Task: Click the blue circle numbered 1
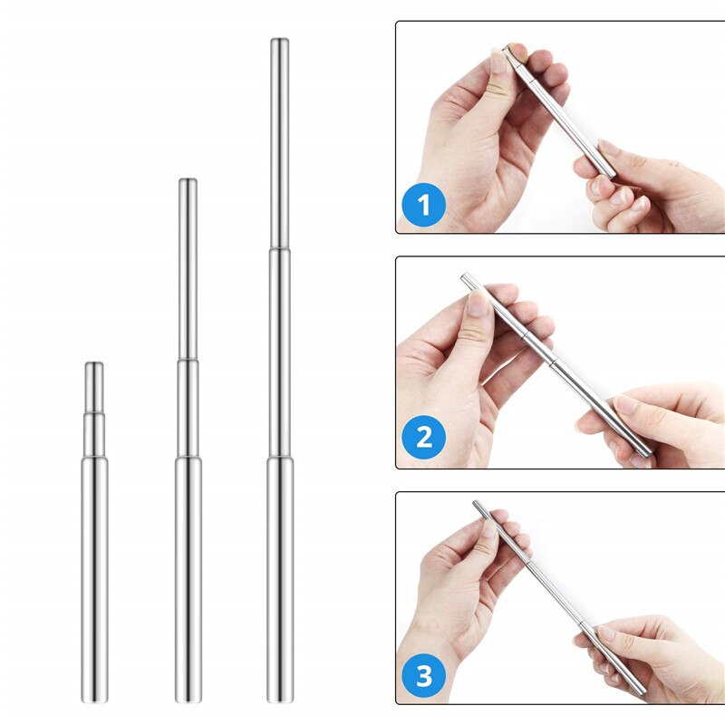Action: pyautogui.click(x=424, y=205)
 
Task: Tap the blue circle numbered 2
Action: pyautogui.click(x=424, y=437)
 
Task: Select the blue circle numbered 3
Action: pyautogui.click(x=424, y=675)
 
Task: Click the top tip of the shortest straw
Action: pyautogui.click(x=94, y=363)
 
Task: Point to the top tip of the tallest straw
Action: pyautogui.click(x=280, y=39)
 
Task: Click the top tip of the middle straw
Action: pyautogui.click(x=188, y=179)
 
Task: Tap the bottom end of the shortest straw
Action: pyautogui.click(x=94, y=701)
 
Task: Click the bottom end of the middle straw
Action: pyautogui.click(x=188, y=701)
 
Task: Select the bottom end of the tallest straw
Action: pyautogui.click(x=280, y=701)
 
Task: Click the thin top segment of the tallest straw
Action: pyautogui.click(x=280, y=143)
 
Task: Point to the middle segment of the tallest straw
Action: pyautogui.click(x=280, y=353)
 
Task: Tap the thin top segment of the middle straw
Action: pyautogui.click(x=188, y=269)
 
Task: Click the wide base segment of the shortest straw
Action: pyautogui.click(x=94, y=580)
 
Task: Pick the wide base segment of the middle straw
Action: pyautogui.click(x=188, y=580)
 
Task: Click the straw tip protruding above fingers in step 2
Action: pyautogui.click(x=466, y=278)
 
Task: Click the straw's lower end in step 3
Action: pyautogui.click(x=643, y=692)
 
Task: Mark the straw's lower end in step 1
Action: pyautogui.click(x=612, y=175)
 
